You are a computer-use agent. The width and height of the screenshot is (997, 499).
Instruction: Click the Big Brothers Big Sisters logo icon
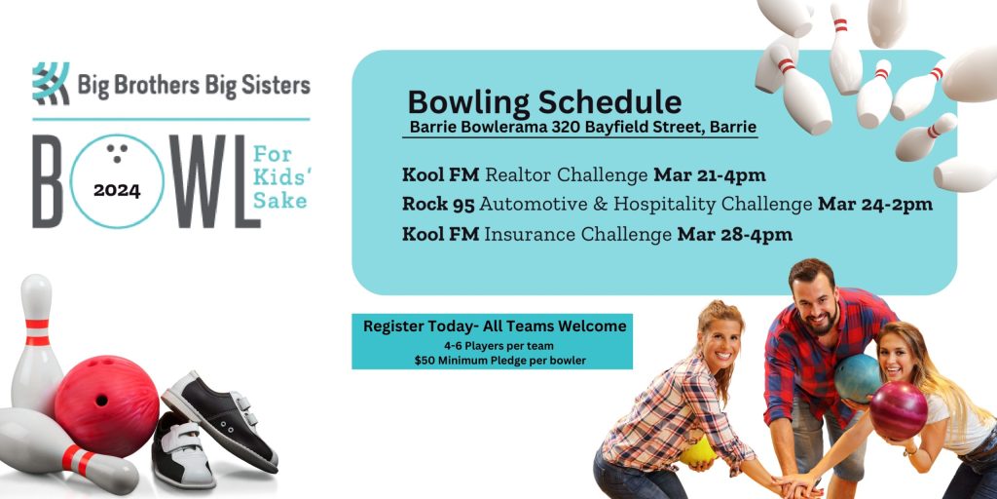tap(50, 84)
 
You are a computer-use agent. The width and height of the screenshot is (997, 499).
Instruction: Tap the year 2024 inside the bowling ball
tap(117, 190)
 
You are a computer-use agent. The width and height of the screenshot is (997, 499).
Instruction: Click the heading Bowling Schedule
tap(544, 102)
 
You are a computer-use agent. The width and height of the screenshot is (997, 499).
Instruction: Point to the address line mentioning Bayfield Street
tap(582, 128)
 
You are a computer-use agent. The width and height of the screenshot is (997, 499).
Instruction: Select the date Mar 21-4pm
tap(709, 175)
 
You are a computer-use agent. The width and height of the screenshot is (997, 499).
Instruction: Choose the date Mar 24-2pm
tap(874, 205)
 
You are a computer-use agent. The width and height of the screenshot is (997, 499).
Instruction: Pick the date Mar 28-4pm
tap(734, 234)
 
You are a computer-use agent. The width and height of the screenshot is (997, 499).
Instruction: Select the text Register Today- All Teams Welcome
tap(495, 326)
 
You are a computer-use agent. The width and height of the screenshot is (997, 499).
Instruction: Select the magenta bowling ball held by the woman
tap(898, 410)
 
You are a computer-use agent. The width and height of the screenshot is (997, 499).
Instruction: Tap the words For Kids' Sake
tap(279, 178)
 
